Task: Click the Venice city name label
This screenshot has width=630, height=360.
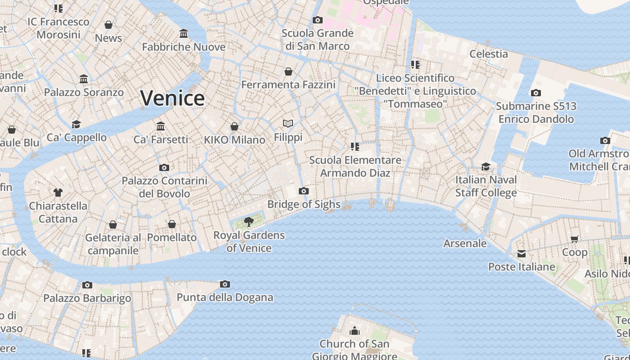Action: click(x=172, y=98)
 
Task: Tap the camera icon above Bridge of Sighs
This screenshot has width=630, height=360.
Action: click(x=304, y=191)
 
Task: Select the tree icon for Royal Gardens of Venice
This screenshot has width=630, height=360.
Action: click(x=248, y=221)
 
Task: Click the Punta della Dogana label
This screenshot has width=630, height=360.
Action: click(x=225, y=297)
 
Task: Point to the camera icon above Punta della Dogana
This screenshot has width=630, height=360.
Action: click(x=225, y=284)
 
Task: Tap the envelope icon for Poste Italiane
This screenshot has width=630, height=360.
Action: click(x=522, y=254)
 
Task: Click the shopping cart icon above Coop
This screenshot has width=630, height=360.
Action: click(x=575, y=239)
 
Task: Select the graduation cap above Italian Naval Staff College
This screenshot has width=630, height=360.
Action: click(x=486, y=166)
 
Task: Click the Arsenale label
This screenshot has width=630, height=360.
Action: click(x=465, y=243)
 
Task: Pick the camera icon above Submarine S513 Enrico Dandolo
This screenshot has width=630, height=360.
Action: click(x=536, y=93)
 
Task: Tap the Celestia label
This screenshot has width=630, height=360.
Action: click(x=488, y=54)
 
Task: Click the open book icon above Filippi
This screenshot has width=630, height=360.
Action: click(x=288, y=123)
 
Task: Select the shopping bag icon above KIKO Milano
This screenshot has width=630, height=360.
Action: click(x=234, y=126)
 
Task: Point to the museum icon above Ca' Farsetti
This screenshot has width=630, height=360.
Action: click(x=161, y=126)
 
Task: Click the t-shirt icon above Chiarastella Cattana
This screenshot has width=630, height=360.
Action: click(x=58, y=193)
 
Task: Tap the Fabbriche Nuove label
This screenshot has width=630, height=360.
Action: click(x=184, y=47)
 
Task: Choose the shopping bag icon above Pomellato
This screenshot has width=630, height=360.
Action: click(x=172, y=224)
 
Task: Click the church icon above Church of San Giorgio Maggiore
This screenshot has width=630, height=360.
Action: click(x=355, y=331)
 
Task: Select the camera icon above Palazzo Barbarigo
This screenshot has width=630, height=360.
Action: click(x=87, y=285)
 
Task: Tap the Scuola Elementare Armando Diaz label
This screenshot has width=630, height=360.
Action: click(x=355, y=166)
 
